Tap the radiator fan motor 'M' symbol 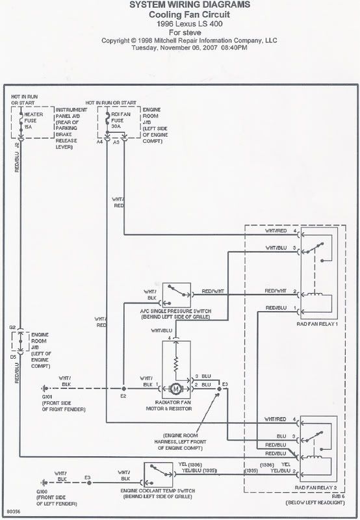point(174,389)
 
